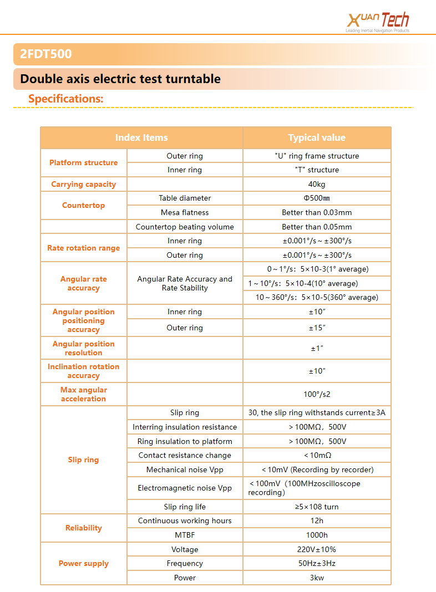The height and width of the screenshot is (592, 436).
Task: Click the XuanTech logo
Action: coord(378,22)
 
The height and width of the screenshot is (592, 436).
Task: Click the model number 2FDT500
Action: coord(46,54)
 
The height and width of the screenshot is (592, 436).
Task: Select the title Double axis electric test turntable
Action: coord(120,79)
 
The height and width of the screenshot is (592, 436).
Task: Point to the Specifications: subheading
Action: coord(66,99)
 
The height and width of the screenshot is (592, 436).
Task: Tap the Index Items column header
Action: coord(141,137)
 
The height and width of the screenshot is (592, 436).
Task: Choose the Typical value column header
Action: coord(317,137)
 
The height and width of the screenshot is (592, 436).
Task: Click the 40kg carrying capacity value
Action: coord(317,184)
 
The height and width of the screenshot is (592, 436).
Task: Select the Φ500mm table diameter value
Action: coord(317,198)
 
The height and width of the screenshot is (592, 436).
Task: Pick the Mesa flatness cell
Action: coord(185,212)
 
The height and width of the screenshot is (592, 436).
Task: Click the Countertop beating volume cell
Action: coord(185,227)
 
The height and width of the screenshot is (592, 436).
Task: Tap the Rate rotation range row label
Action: coord(84,248)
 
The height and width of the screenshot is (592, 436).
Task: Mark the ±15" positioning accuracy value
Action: coord(317,328)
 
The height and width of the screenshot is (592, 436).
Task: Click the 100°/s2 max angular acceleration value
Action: coord(317,394)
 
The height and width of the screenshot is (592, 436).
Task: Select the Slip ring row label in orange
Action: coord(84,460)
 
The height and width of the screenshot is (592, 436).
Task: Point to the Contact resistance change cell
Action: coord(185,455)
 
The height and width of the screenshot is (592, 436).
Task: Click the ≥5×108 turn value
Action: coord(317,507)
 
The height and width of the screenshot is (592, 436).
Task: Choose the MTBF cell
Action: coord(185,535)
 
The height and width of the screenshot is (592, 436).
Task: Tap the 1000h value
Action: coord(317,535)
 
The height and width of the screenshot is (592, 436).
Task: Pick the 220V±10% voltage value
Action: coord(317,549)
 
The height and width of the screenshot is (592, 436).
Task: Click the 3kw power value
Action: coord(317,578)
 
